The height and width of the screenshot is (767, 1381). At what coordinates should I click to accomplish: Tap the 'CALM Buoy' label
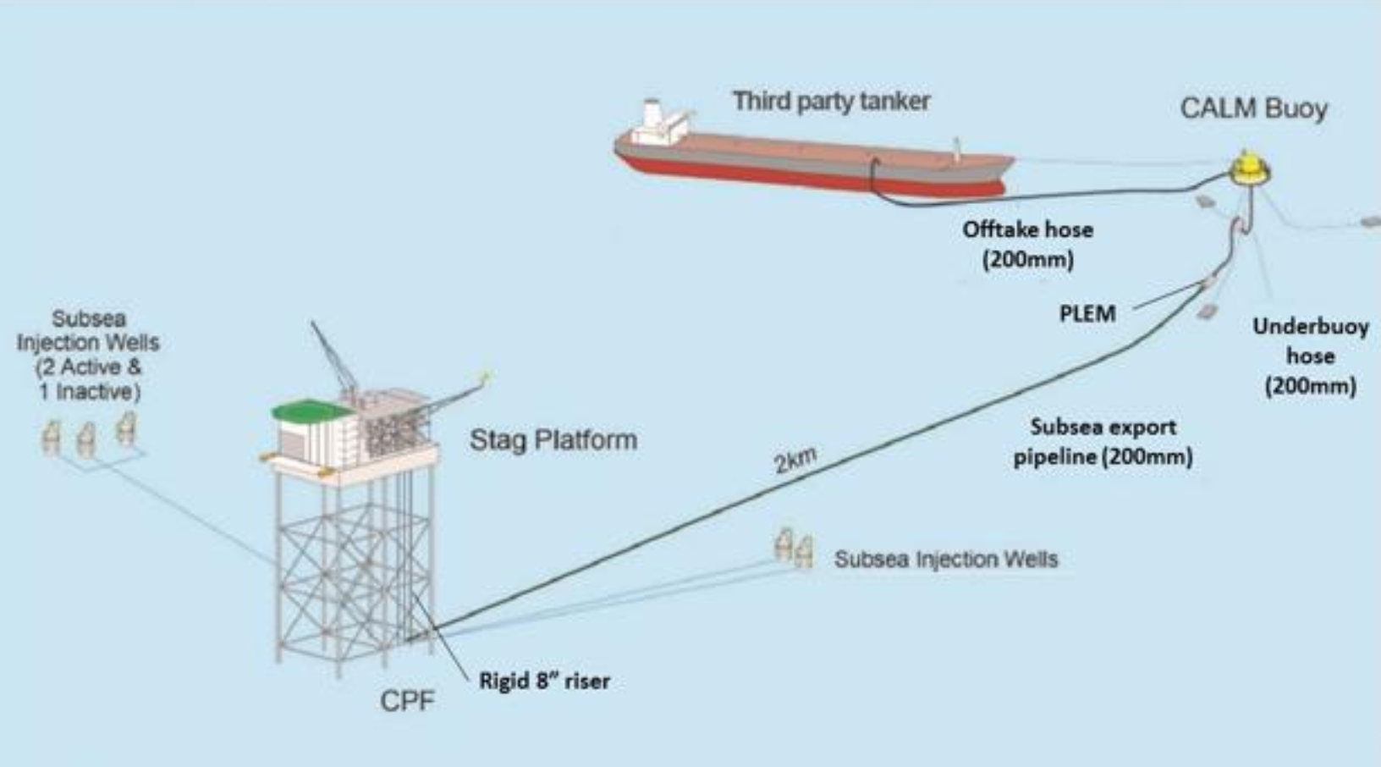pos(1253,109)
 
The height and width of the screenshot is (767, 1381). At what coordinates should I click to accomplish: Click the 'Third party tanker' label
pos(831,102)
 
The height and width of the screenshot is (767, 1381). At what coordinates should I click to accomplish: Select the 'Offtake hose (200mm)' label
pos(1027,244)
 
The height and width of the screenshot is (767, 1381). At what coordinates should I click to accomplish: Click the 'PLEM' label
pos(1087,314)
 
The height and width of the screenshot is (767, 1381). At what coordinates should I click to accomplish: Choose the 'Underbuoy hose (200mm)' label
pos(1310,356)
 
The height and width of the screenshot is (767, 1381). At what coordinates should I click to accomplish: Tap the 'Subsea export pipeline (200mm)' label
pos(1103,442)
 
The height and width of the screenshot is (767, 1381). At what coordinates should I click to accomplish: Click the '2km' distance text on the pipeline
pos(795,460)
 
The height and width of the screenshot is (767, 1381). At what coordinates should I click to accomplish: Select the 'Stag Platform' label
pos(553,440)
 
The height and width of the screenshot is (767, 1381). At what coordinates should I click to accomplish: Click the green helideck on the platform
pos(313,412)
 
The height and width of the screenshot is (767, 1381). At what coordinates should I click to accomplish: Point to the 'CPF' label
pos(407,701)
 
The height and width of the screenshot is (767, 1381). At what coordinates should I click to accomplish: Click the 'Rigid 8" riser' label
pos(544,681)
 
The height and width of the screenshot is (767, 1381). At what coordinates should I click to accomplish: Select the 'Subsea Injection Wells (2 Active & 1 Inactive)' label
pos(88,356)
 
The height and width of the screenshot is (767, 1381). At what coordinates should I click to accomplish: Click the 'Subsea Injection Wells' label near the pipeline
pos(945,560)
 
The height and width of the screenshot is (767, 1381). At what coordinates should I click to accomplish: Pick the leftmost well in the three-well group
pos(51,438)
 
